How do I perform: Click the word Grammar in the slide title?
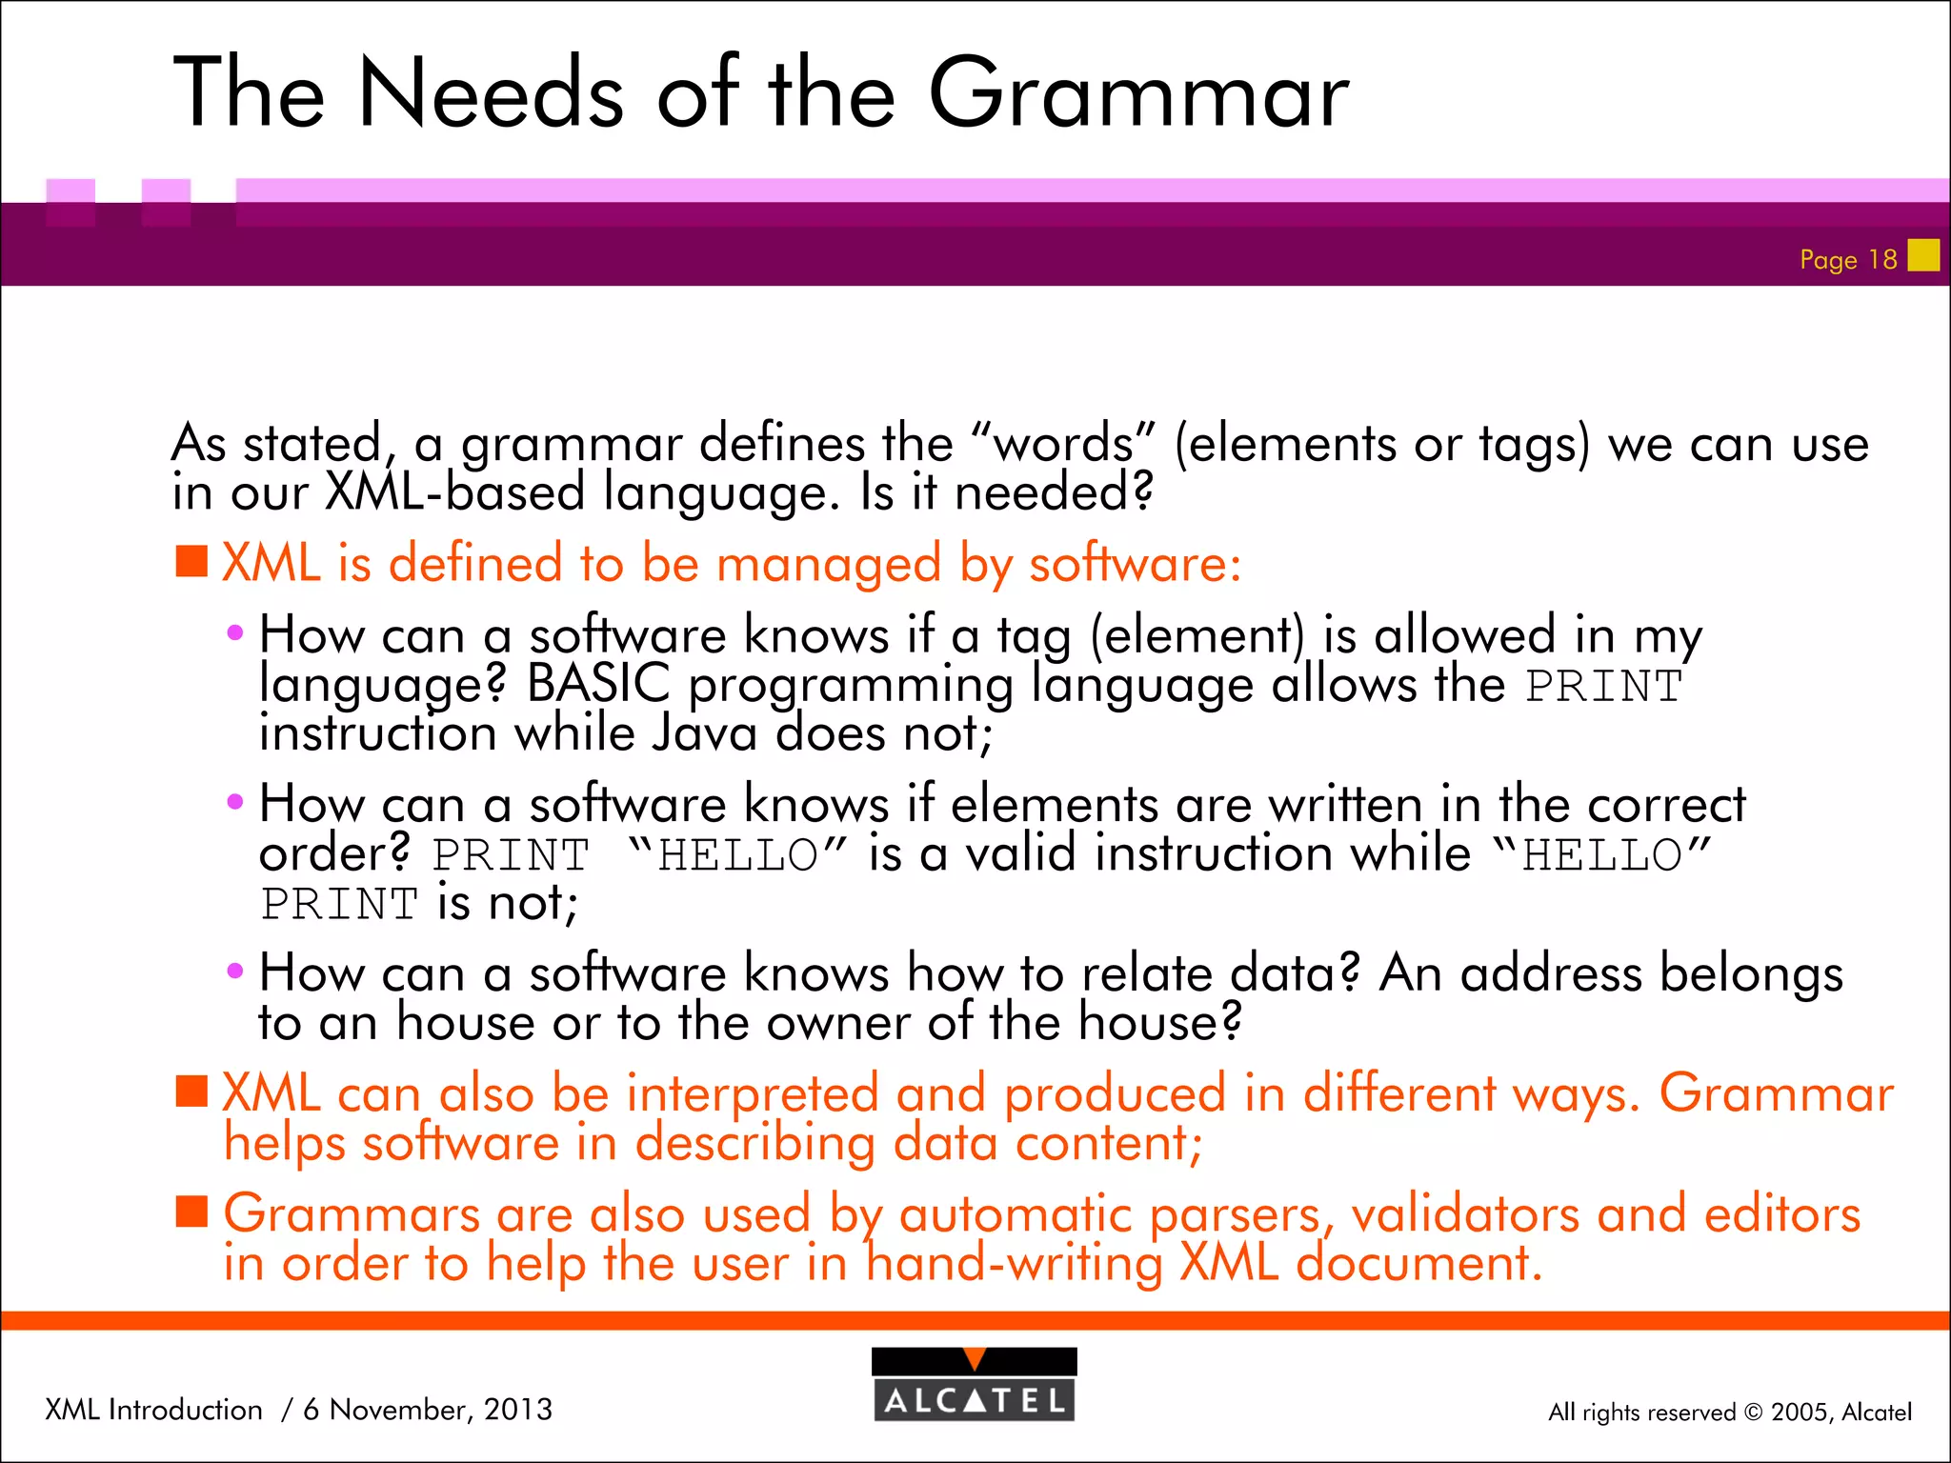(x=1138, y=93)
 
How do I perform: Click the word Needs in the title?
(x=491, y=93)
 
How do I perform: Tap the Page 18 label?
(x=1848, y=259)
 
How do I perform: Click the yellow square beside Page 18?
(x=1923, y=255)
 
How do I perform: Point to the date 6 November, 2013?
(x=428, y=1409)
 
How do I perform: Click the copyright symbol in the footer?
(x=1754, y=1413)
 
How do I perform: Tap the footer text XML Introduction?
(x=153, y=1409)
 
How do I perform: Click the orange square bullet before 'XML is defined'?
(x=191, y=562)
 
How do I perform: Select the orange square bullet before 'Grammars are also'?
(x=191, y=1212)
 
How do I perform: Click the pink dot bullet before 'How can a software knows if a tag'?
(x=235, y=633)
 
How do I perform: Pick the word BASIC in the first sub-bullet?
(x=598, y=684)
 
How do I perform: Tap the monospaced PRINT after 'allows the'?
(x=1604, y=687)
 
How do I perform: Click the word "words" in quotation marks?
(x=1063, y=444)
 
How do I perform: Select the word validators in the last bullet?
(x=1464, y=1214)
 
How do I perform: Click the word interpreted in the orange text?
(x=753, y=1093)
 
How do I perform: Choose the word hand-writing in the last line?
(x=1015, y=1264)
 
